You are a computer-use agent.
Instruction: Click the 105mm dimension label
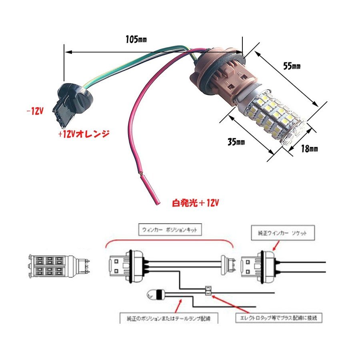(x=136, y=40)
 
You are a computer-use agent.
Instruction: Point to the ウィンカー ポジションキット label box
(x=170, y=230)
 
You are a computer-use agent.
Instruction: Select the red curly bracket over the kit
(x=169, y=242)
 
